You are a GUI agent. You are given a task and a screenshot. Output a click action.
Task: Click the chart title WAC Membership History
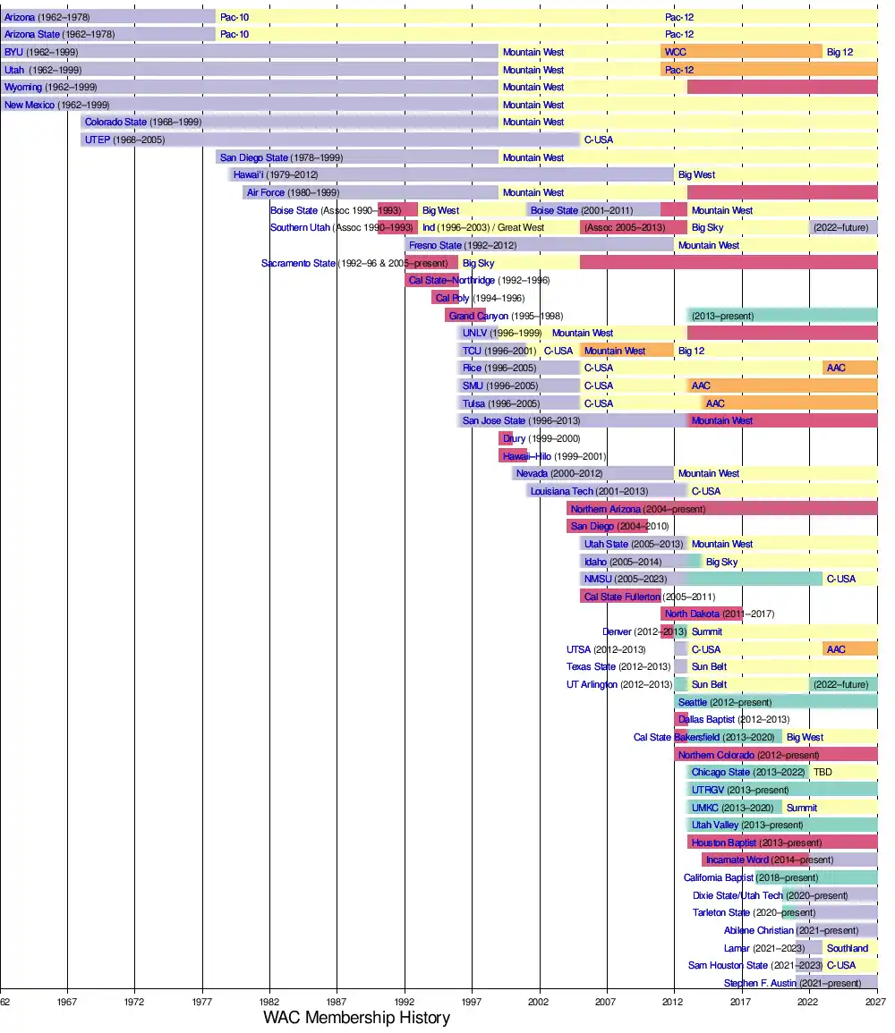click(356, 1018)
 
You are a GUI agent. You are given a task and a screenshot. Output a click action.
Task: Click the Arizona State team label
click(33, 34)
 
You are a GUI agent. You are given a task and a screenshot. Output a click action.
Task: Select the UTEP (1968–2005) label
click(124, 140)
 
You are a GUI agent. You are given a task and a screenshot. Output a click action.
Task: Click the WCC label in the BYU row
click(675, 52)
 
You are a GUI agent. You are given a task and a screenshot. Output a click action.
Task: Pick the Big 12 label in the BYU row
click(840, 52)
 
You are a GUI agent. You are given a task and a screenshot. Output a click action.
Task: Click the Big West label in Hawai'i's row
click(696, 174)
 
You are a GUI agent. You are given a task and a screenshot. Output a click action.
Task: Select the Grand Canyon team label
click(478, 316)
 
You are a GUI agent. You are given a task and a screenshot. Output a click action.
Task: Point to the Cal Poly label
click(452, 298)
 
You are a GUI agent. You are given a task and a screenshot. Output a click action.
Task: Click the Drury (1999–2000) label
click(541, 438)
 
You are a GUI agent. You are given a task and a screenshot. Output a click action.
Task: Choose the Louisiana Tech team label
click(561, 491)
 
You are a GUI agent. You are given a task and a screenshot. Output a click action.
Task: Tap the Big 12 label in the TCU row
click(691, 351)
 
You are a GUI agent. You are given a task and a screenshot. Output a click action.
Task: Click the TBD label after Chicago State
click(822, 772)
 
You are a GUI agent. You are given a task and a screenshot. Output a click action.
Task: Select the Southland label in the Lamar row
click(847, 948)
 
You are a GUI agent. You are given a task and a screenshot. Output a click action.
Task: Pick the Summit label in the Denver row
click(706, 631)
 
